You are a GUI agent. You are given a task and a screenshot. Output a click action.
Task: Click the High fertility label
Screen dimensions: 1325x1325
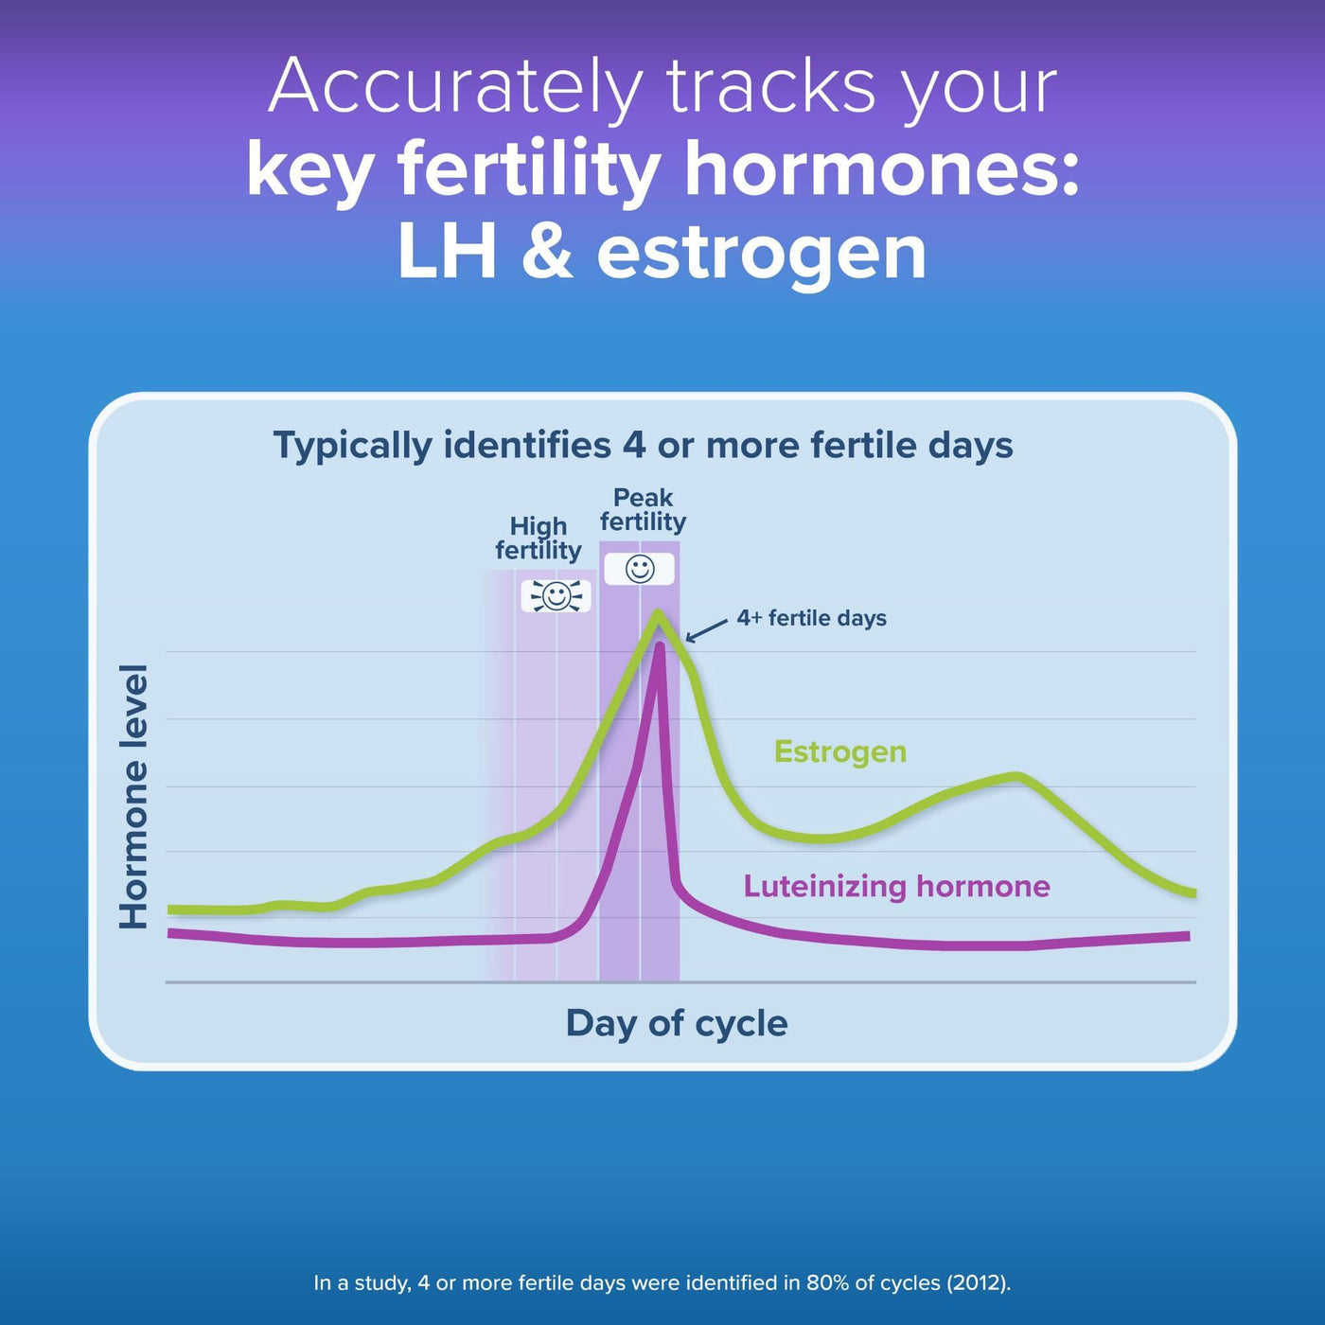tap(539, 539)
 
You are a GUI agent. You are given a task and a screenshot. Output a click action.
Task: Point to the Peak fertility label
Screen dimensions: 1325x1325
tap(643, 509)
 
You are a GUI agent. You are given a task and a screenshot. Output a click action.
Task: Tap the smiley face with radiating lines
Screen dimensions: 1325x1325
tap(556, 595)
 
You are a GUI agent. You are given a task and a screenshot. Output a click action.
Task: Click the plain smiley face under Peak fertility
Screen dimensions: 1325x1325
tap(640, 570)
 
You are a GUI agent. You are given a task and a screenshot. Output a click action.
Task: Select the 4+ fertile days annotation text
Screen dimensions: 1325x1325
tap(811, 618)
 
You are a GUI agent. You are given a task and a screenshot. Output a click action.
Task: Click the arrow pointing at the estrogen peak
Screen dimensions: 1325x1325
tap(706, 630)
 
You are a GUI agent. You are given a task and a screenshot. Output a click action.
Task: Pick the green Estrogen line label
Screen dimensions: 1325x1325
tap(840, 751)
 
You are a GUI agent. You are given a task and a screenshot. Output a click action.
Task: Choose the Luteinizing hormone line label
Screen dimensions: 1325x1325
tap(896, 886)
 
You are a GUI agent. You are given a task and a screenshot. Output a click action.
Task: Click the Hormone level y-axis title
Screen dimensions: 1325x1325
tap(133, 797)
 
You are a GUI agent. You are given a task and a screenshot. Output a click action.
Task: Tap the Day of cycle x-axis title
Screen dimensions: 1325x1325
tap(677, 1024)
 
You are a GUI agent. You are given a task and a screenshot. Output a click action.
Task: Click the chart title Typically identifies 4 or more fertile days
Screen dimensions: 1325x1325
tap(643, 446)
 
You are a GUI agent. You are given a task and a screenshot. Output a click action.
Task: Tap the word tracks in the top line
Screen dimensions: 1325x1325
tap(771, 86)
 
